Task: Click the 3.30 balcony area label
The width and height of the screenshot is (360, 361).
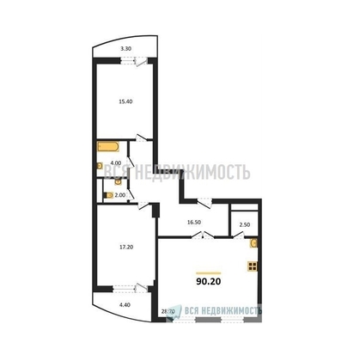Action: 125,48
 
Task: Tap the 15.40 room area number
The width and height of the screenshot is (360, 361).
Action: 125,100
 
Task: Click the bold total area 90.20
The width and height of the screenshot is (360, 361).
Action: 211,279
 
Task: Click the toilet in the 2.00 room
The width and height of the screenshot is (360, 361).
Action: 106,195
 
